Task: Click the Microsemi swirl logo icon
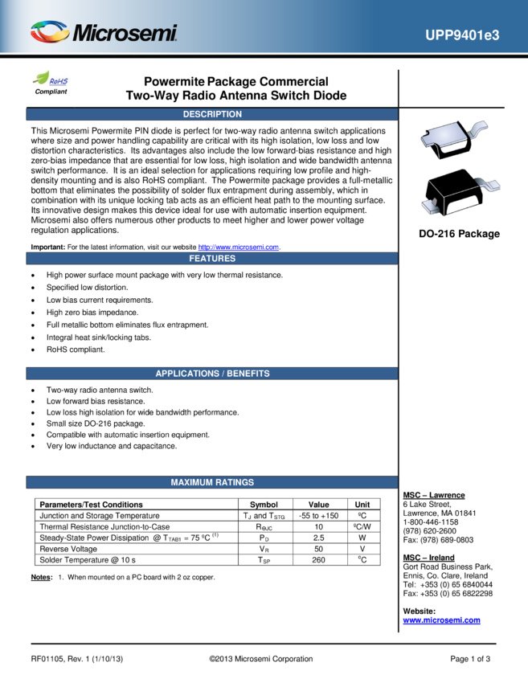tap(50, 33)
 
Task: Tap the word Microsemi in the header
tap(125, 34)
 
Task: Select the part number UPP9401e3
tap(462, 35)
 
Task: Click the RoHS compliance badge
tap(51, 79)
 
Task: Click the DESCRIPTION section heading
tap(212, 114)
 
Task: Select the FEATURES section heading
tap(212, 259)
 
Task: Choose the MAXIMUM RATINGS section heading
tap(212, 482)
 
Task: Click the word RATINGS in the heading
tap(235, 482)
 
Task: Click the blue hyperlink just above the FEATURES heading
tap(238, 247)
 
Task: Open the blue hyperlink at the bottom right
tap(441, 620)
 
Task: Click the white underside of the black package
tap(457, 208)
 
